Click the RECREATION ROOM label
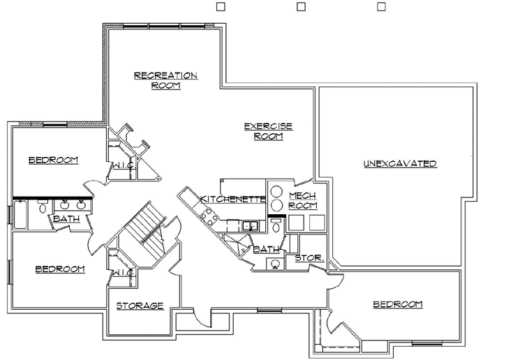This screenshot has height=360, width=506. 165,80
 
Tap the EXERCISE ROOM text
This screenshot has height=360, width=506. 267,131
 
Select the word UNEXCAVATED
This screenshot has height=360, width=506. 400,164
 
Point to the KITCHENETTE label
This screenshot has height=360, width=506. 233,200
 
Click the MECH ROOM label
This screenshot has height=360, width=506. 303,200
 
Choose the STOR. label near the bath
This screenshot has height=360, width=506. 308,258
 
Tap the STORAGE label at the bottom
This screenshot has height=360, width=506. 140,306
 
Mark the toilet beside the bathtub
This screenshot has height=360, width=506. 43,207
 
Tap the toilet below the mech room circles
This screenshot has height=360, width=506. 276,226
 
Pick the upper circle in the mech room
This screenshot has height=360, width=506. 276,192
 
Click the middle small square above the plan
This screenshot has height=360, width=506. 301,6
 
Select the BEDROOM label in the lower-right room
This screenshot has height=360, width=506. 397,304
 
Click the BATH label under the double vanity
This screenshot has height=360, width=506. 66,219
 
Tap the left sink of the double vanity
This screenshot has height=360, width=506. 65,205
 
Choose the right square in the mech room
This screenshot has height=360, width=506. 318,223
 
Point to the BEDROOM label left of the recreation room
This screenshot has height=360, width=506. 53,160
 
